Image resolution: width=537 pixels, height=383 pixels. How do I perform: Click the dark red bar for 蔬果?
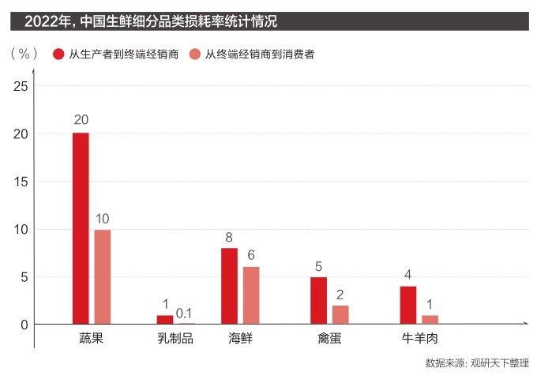coord(81,228)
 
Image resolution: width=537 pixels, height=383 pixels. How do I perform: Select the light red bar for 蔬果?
coord(103,276)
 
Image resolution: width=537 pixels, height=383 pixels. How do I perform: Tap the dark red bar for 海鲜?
coord(229,286)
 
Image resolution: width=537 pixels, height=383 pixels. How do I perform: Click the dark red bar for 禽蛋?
coord(318,300)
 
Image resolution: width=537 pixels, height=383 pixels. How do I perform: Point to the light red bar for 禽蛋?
coord(340,314)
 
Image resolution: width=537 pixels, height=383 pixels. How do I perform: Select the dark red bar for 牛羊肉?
coord(407,305)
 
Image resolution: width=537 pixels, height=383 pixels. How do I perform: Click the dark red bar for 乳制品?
coord(165,320)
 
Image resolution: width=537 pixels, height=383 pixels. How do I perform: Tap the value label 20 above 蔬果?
coord(81,120)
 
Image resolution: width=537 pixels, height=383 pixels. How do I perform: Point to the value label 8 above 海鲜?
coord(229,235)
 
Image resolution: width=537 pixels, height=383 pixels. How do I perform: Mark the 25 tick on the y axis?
coord(21,86)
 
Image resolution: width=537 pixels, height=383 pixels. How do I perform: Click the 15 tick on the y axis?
coord(21,182)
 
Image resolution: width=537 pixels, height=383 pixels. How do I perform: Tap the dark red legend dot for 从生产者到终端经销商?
coord(58,54)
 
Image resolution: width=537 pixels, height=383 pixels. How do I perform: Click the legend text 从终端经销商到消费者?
coord(260,54)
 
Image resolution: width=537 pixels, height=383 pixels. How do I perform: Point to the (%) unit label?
coord(24,53)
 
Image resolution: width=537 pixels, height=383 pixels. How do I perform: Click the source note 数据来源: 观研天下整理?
coord(476,363)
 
